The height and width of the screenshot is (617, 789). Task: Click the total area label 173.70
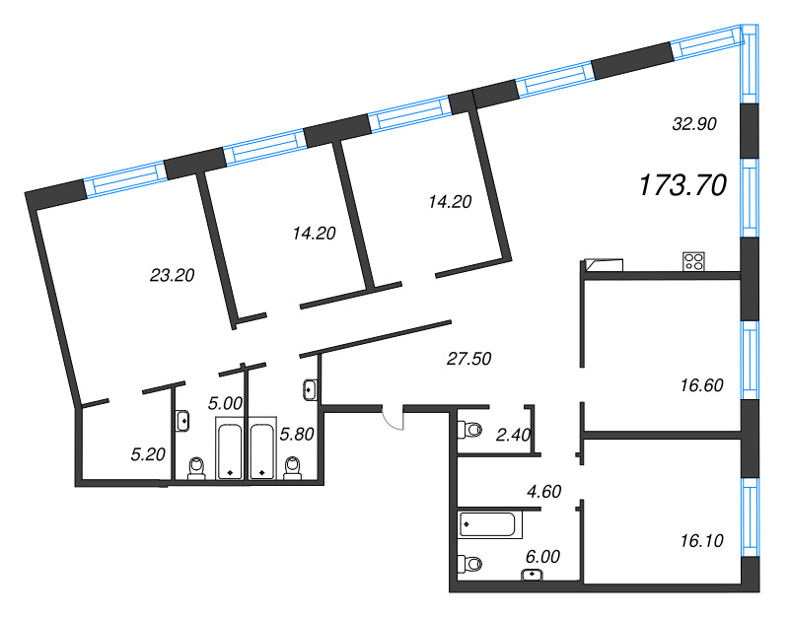tap(682, 184)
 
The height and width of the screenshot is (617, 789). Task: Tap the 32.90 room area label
tap(694, 124)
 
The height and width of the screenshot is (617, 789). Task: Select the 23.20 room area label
tap(172, 275)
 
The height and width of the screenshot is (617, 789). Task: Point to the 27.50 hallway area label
tap(469, 359)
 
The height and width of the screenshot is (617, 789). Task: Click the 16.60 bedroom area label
tap(701, 385)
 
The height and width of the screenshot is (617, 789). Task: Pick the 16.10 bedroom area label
tap(701, 540)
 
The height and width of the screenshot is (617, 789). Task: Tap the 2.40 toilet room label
tap(513, 435)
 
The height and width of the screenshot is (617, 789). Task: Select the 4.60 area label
tap(543, 491)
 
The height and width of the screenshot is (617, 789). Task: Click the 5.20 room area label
tap(148, 454)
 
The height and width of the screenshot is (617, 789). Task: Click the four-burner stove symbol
tap(694, 261)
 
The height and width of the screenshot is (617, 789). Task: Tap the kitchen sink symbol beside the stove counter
tap(605, 265)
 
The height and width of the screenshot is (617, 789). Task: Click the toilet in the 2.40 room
tap(469, 430)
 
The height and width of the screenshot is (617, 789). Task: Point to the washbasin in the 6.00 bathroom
tap(533, 575)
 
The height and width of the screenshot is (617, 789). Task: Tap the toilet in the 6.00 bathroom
tap(469, 563)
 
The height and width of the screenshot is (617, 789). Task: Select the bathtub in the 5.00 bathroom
tap(230, 448)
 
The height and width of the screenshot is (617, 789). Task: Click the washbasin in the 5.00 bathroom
tap(182, 420)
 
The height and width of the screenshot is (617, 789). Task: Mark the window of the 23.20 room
tap(125, 179)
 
